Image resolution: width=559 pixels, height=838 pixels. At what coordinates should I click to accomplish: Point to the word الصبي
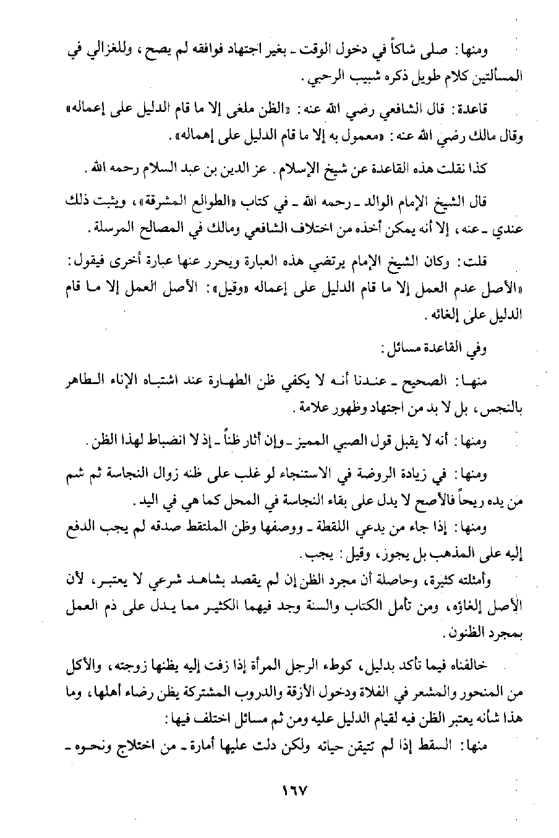pos(343,443)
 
